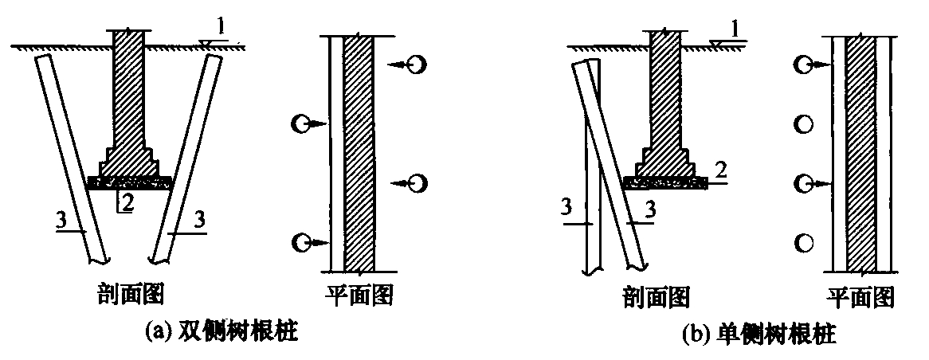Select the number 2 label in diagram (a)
tap(127, 203)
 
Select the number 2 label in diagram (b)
tap(720, 171)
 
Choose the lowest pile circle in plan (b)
tap(803, 242)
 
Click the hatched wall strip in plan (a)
tap(359, 154)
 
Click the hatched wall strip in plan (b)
tap(861, 154)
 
